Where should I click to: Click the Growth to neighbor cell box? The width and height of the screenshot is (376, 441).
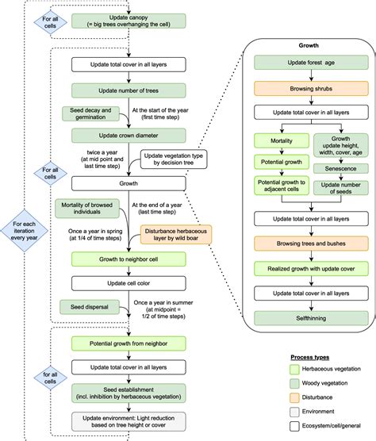coord(129,259)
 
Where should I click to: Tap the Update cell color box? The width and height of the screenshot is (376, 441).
coord(129,282)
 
